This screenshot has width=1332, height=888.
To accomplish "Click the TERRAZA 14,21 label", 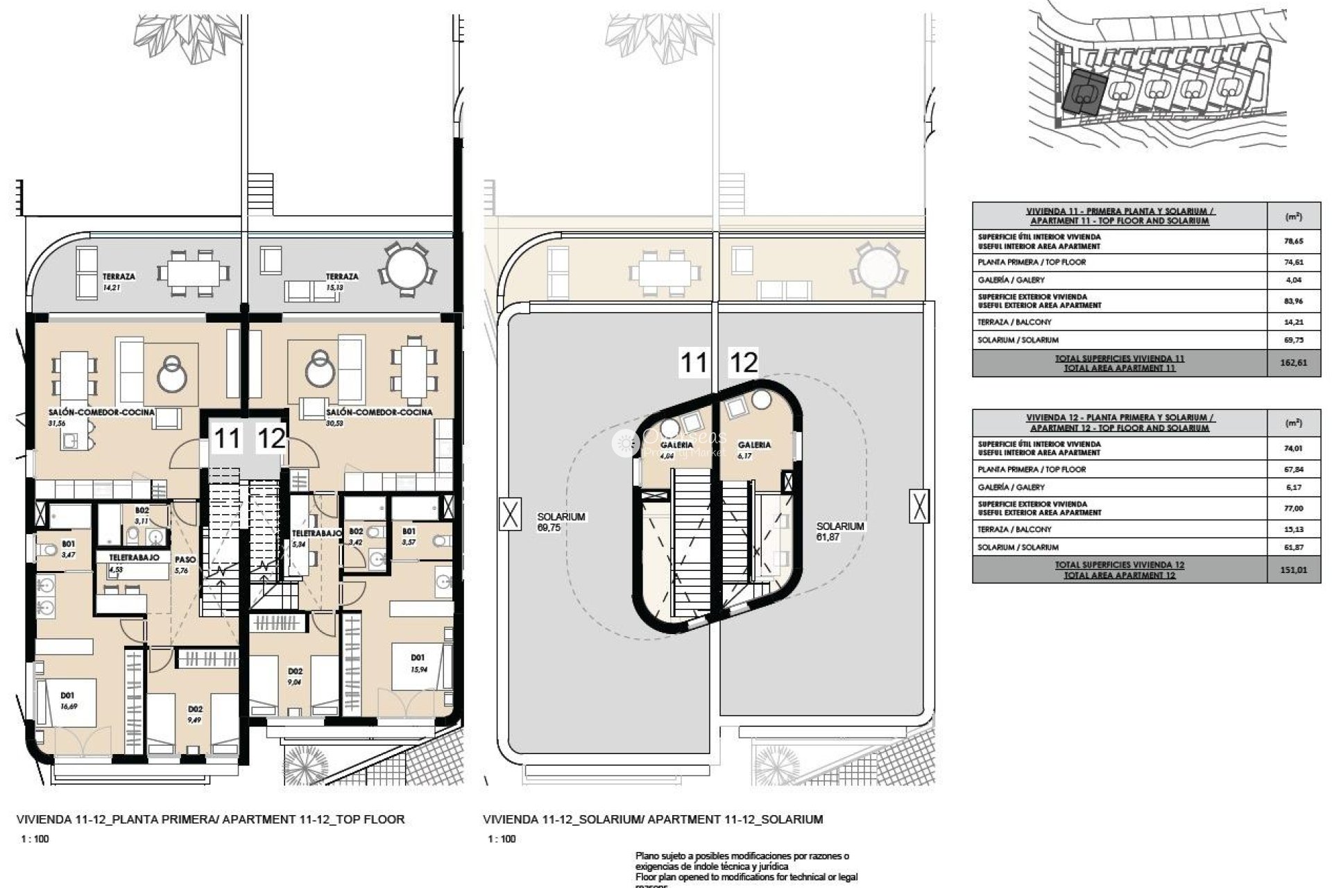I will click(119, 280).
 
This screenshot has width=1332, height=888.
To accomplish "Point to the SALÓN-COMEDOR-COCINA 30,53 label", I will click(379, 416).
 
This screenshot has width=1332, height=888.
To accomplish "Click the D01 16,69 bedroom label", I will click(68, 700).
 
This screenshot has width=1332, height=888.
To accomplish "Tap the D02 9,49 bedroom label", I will click(196, 714).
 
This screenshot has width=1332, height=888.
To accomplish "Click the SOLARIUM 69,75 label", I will click(561, 522).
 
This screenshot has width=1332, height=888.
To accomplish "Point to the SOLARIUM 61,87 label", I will click(839, 531).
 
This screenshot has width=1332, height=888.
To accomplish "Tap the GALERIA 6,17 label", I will click(754, 449).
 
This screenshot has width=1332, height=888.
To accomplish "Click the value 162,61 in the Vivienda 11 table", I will click(1293, 363).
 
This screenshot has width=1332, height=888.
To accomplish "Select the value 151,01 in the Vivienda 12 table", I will click(1293, 570).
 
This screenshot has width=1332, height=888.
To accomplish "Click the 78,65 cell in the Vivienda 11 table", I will click(1293, 241).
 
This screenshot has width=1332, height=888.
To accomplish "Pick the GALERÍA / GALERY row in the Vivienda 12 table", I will click(1118, 487).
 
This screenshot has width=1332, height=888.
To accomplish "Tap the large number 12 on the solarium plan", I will click(744, 362).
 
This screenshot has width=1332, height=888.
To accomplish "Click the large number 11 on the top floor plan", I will click(227, 438).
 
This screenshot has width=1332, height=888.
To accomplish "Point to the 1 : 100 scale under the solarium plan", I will click(502, 839).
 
